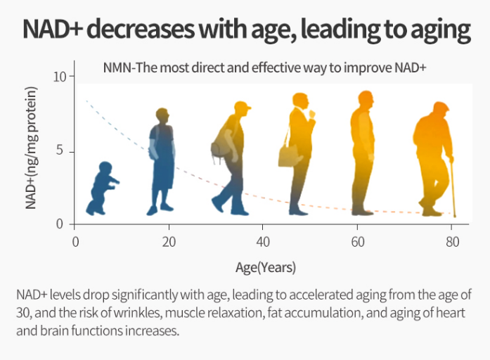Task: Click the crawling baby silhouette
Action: (102, 188)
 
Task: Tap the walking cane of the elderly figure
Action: (452, 188)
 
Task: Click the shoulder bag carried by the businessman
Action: (288, 156)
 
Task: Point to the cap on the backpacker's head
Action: (243, 105)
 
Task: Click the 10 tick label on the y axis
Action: (59, 77)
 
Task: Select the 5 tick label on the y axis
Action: (60, 150)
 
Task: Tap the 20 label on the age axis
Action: (169, 242)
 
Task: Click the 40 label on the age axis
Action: (263, 242)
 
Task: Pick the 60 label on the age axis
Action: (358, 242)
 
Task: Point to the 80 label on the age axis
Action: (452, 242)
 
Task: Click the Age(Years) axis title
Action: (266, 268)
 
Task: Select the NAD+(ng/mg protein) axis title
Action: (31, 148)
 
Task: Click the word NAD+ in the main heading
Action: (53, 29)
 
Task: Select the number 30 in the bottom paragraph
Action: (23, 313)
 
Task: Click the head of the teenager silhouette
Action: (162, 116)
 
